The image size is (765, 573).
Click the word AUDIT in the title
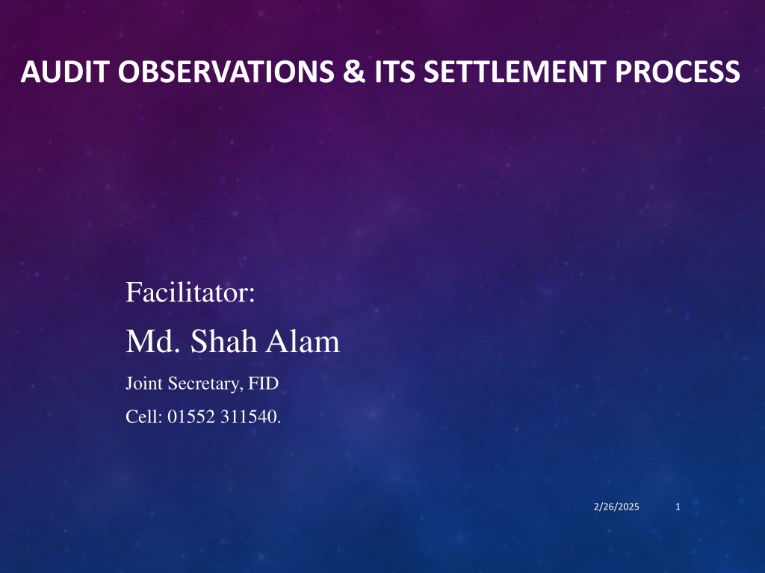click(x=64, y=72)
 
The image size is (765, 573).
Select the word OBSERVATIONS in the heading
click(x=226, y=72)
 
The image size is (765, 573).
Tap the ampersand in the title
click(x=354, y=72)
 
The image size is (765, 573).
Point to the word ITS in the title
click(x=394, y=72)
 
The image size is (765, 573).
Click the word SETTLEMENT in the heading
click(x=515, y=72)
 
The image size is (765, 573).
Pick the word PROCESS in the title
click(x=678, y=72)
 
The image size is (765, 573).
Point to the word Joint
click(x=144, y=383)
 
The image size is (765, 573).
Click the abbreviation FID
click(x=264, y=383)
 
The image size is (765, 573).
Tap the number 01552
click(x=192, y=416)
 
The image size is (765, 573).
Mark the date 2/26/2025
click(x=616, y=507)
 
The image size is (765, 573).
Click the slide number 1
click(x=678, y=507)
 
